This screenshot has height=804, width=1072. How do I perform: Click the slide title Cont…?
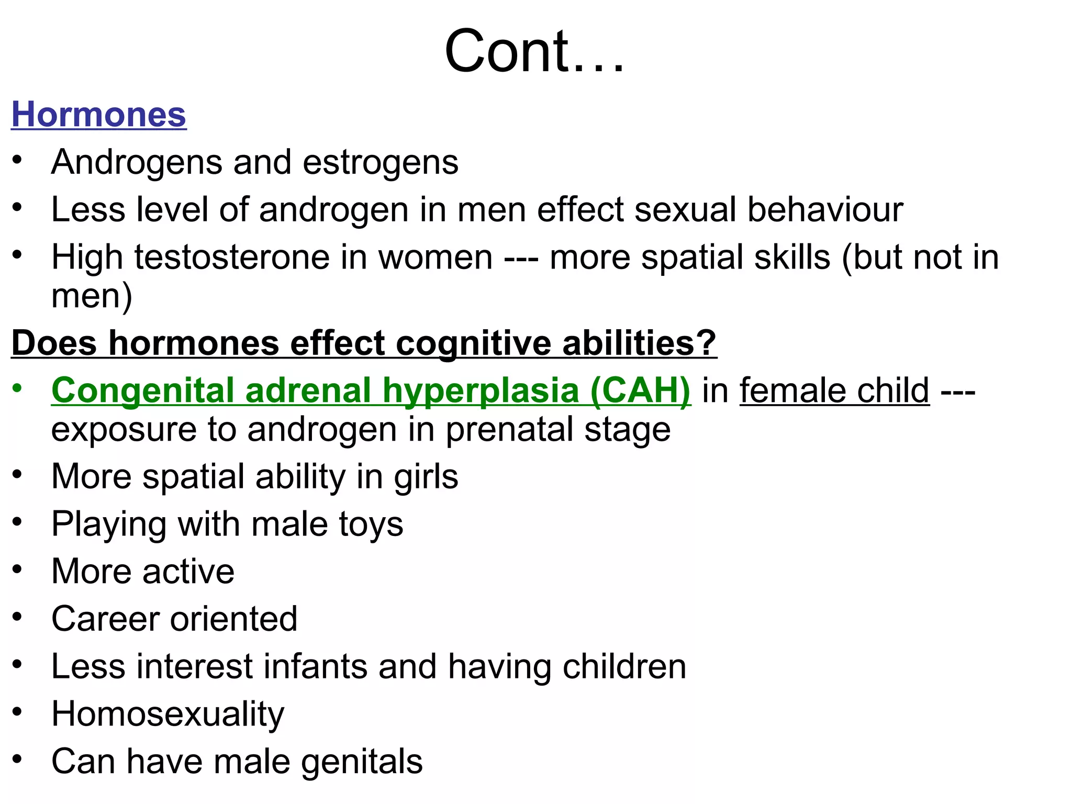[534, 51]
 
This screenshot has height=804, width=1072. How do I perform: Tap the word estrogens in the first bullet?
[380, 162]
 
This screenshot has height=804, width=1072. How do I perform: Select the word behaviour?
[825, 210]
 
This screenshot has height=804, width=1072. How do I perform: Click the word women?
[435, 258]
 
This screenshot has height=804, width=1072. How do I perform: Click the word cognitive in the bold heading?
[473, 343]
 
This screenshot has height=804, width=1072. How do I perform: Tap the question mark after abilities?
[707, 343]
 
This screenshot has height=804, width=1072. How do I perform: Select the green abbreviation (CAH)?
[640, 391]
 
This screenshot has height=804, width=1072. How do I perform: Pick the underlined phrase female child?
[834, 391]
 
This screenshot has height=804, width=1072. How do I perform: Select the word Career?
[105, 619]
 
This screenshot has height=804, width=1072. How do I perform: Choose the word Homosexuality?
[167, 714]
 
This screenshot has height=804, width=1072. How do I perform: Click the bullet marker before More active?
[17, 569]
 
